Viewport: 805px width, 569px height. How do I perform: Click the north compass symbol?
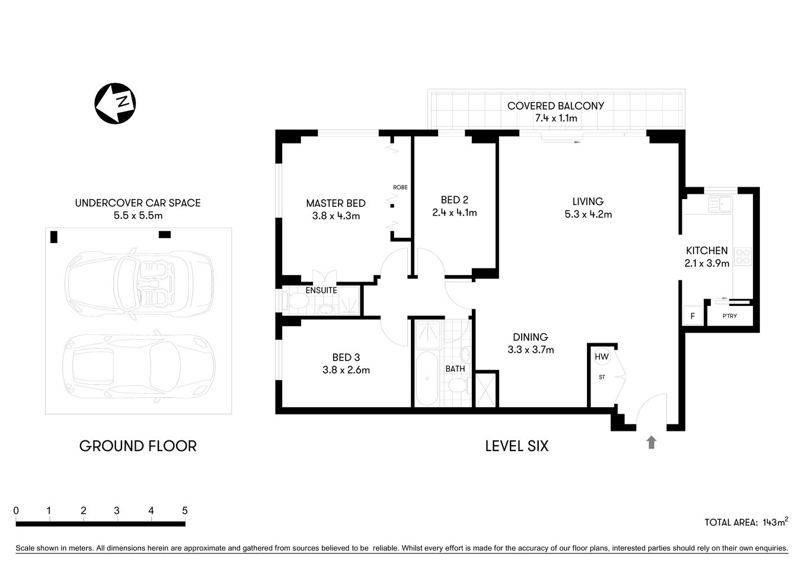115,103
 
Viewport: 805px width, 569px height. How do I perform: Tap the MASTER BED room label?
336,203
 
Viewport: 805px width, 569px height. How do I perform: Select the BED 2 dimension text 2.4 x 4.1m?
454,213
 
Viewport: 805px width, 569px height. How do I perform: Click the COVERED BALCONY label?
555,106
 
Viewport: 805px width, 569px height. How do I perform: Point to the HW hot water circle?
601,357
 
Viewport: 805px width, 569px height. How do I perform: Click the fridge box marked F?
692,316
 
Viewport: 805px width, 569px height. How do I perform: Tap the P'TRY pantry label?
730,316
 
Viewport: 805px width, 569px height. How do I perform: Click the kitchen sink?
721,204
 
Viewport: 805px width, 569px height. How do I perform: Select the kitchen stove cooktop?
743,256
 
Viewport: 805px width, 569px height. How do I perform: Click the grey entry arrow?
651,442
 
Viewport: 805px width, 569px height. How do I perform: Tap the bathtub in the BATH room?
426,379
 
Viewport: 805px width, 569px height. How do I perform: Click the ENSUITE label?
321,290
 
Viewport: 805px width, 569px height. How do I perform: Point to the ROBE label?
400,187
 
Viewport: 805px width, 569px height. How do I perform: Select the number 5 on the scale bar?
185,510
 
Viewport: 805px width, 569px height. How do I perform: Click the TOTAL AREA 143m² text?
746,522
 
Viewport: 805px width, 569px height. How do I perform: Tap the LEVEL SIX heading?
516,446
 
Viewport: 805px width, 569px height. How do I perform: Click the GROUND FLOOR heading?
138,446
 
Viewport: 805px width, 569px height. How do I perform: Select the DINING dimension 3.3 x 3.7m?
531,350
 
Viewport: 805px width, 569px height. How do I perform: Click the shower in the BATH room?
426,335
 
